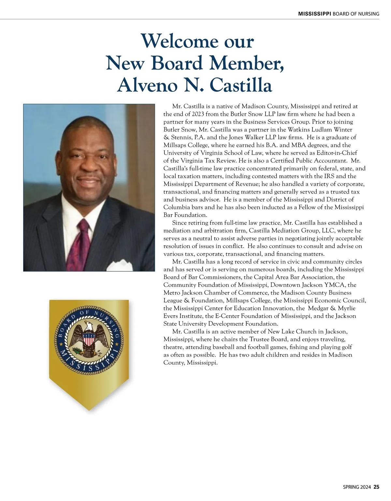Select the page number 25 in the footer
[x=376, y=487]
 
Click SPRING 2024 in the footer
[x=357, y=487]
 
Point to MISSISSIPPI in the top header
[x=315, y=14]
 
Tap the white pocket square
[x=122, y=264]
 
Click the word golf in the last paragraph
[x=346, y=347]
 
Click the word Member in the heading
[x=246, y=63]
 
